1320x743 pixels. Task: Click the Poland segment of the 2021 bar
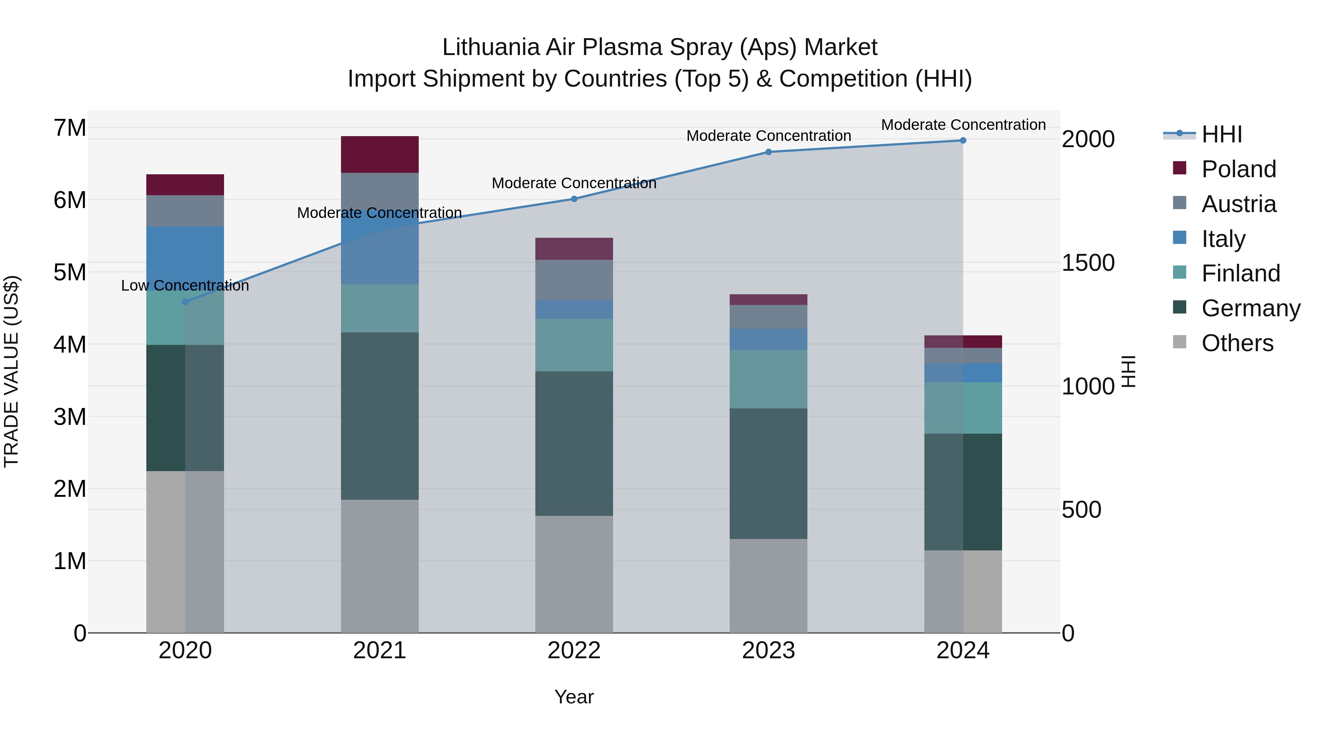pyautogui.click(x=380, y=154)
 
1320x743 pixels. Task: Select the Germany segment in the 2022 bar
pyautogui.click(x=574, y=444)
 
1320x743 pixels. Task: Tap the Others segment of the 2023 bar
pyautogui.click(x=768, y=586)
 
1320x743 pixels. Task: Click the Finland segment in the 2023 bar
pyautogui.click(x=768, y=379)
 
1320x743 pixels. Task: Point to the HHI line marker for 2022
pyautogui.click(x=574, y=199)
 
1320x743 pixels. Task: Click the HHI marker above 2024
pyautogui.click(x=963, y=141)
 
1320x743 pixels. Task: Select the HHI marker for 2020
pyautogui.click(x=186, y=302)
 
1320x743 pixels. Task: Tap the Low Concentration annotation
pyautogui.click(x=185, y=285)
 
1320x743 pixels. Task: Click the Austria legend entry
pyautogui.click(x=1239, y=204)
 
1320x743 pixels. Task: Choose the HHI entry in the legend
pyautogui.click(x=1222, y=134)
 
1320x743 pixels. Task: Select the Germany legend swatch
pyautogui.click(x=1180, y=308)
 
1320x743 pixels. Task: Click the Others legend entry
pyautogui.click(x=1237, y=343)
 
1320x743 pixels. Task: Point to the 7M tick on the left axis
pyautogui.click(x=70, y=128)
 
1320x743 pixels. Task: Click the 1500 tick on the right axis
pyautogui.click(x=1088, y=263)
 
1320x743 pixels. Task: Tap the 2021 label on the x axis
pyautogui.click(x=380, y=651)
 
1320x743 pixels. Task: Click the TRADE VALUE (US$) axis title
pyautogui.click(x=11, y=371)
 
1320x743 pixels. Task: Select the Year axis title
pyautogui.click(x=574, y=697)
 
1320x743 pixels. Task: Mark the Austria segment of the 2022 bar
pyautogui.click(x=574, y=280)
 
